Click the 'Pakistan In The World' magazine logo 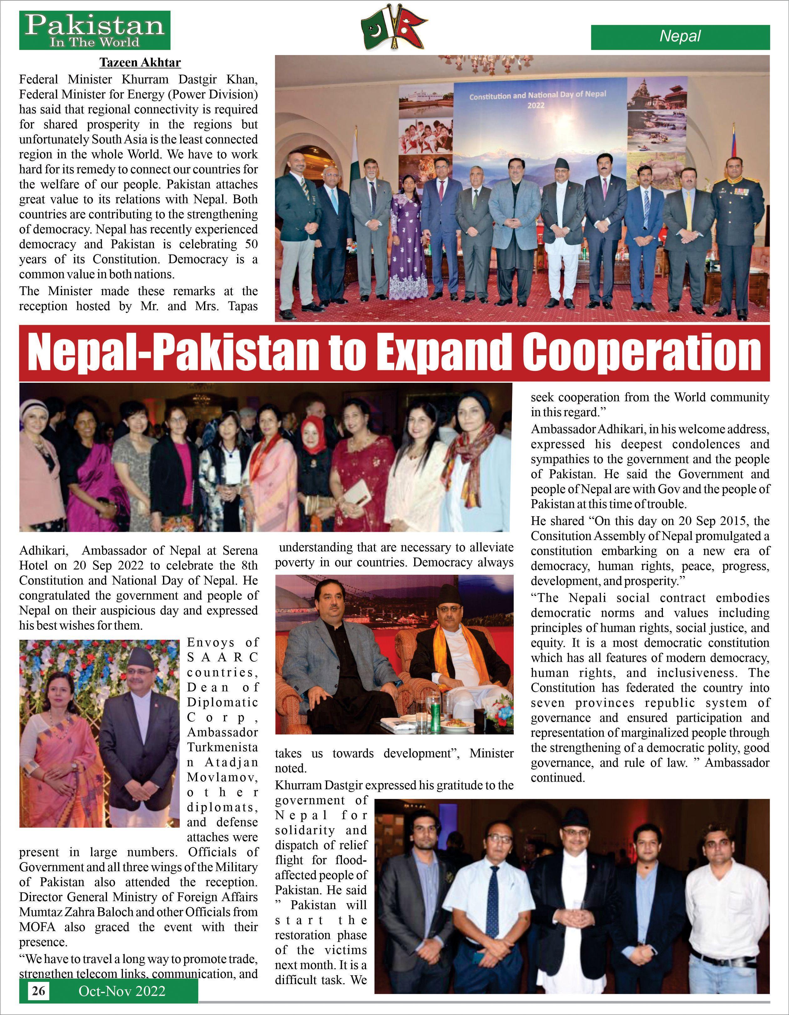click(x=94, y=30)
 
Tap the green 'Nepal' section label click(x=680, y=37)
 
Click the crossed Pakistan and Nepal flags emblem click(x=394, y=28)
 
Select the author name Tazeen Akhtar click(x=140, y=62)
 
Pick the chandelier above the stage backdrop click(x=504, y=64)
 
